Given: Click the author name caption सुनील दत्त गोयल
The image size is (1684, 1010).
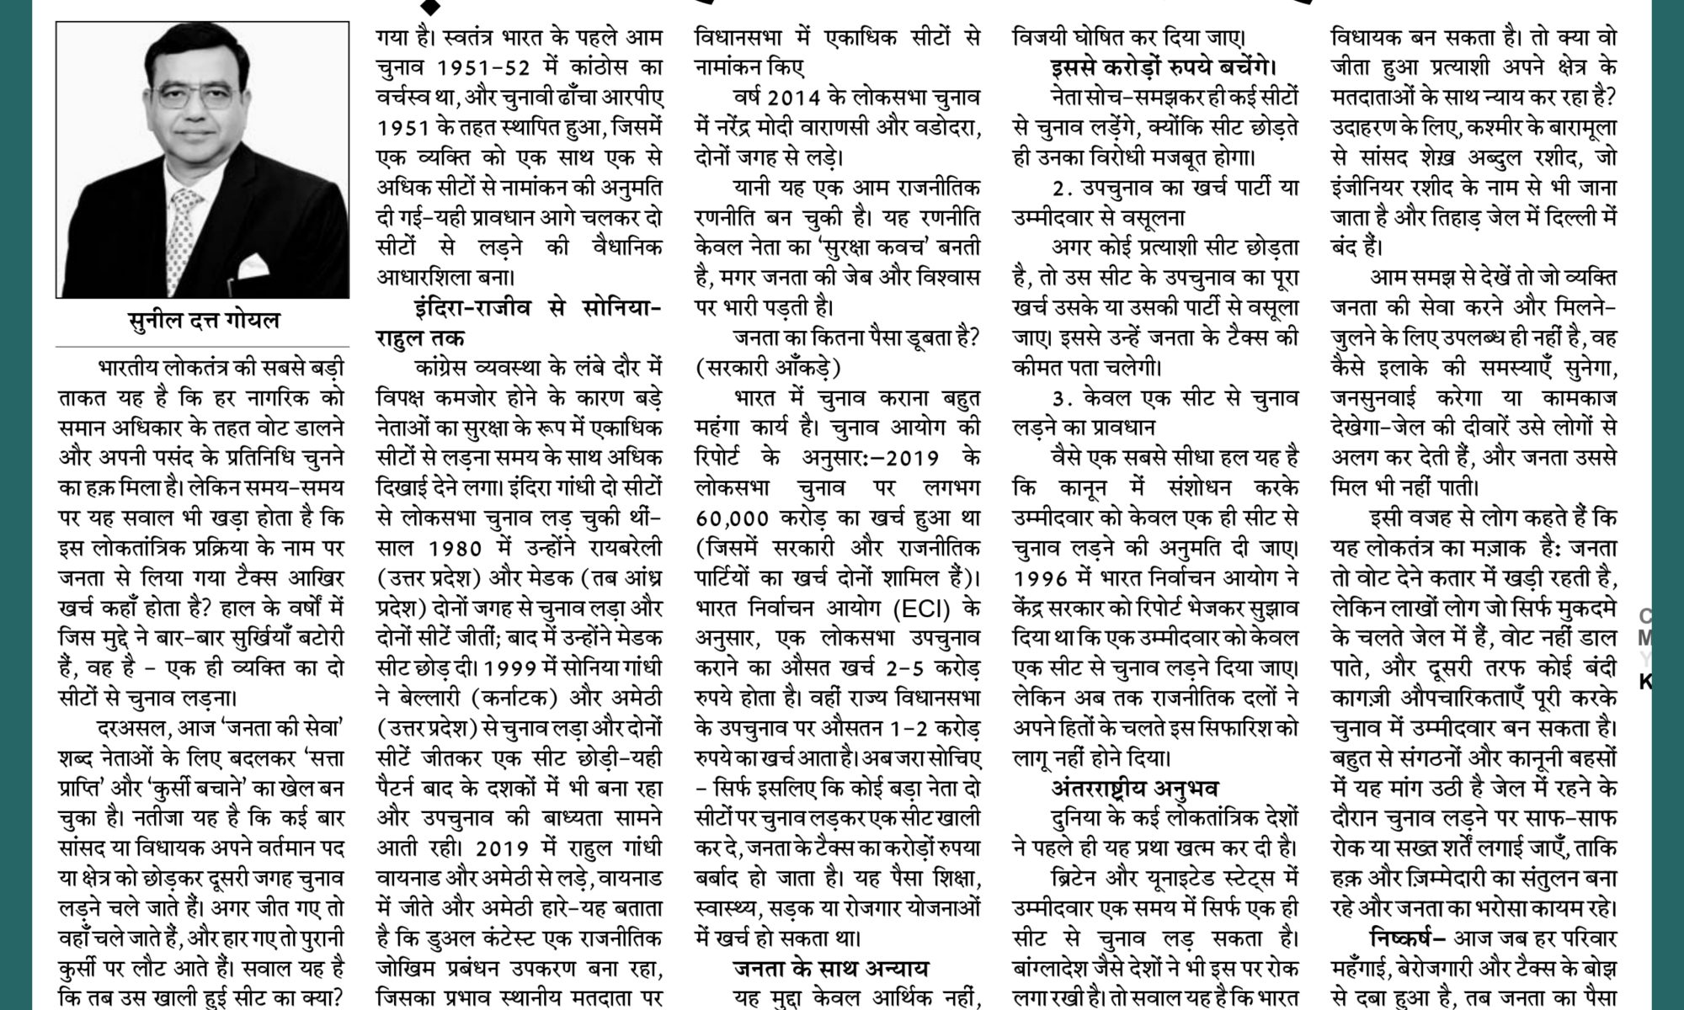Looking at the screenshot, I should [x=202, y=322].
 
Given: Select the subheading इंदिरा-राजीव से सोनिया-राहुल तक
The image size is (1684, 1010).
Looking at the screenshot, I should [x=518, y=324].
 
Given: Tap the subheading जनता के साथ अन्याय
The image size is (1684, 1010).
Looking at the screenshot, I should [x=830, y=970].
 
